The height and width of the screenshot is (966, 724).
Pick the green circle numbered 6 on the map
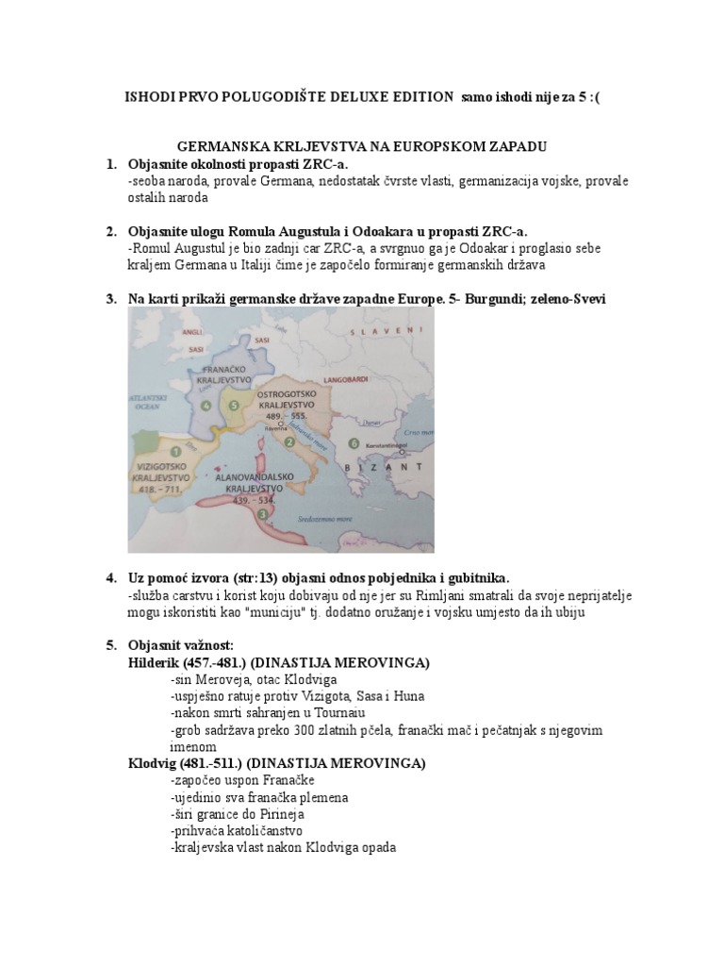[354, 442]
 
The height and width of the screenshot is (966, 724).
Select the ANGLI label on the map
[192, 332]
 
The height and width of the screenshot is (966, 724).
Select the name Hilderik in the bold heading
[154, 662]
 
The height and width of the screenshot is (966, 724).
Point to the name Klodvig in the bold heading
[154, 762]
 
